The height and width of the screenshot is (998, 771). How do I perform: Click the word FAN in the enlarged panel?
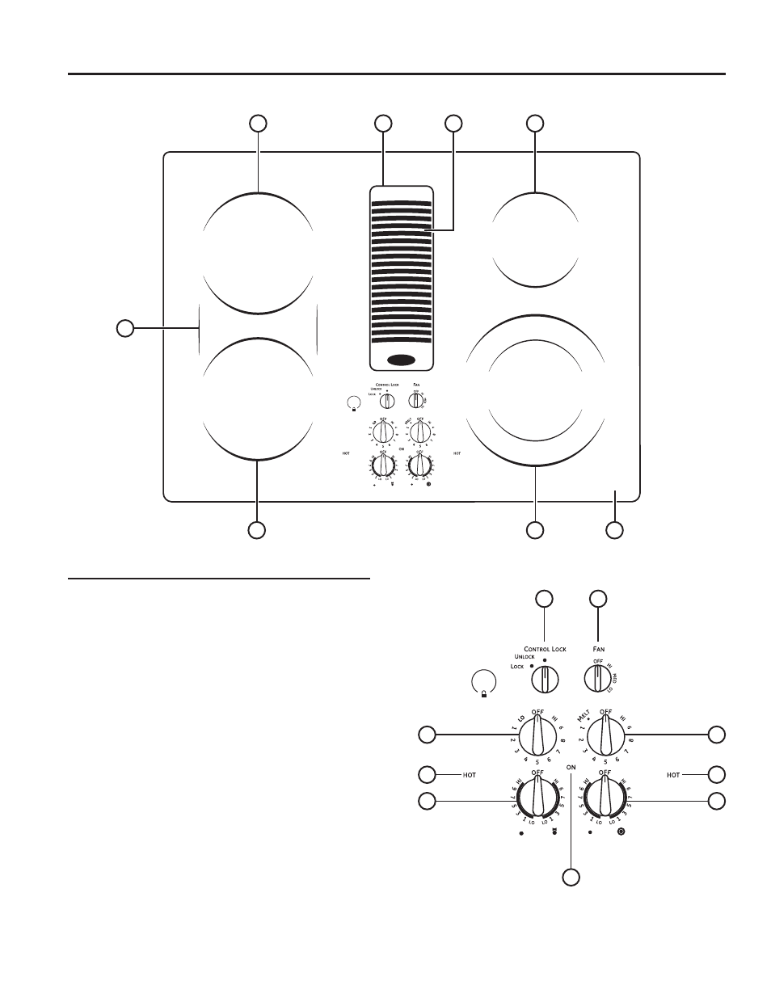(599, 649)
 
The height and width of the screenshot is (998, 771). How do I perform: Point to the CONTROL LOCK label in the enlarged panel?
(546, 649)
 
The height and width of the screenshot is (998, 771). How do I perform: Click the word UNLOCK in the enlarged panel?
(525, 657)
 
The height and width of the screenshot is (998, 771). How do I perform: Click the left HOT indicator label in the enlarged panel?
(470, 775)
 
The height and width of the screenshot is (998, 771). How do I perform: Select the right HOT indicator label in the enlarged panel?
(673, 775)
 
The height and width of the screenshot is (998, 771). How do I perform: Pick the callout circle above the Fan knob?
(597, 598)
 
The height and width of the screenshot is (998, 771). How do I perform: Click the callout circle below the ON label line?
(571, 878)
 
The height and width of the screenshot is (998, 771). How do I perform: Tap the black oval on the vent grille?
(402, 360)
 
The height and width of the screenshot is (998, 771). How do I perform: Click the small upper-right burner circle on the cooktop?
(535, 235)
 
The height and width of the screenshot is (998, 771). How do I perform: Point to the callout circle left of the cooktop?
(124, 327)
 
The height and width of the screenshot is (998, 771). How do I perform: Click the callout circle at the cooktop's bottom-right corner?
(615, 530)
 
